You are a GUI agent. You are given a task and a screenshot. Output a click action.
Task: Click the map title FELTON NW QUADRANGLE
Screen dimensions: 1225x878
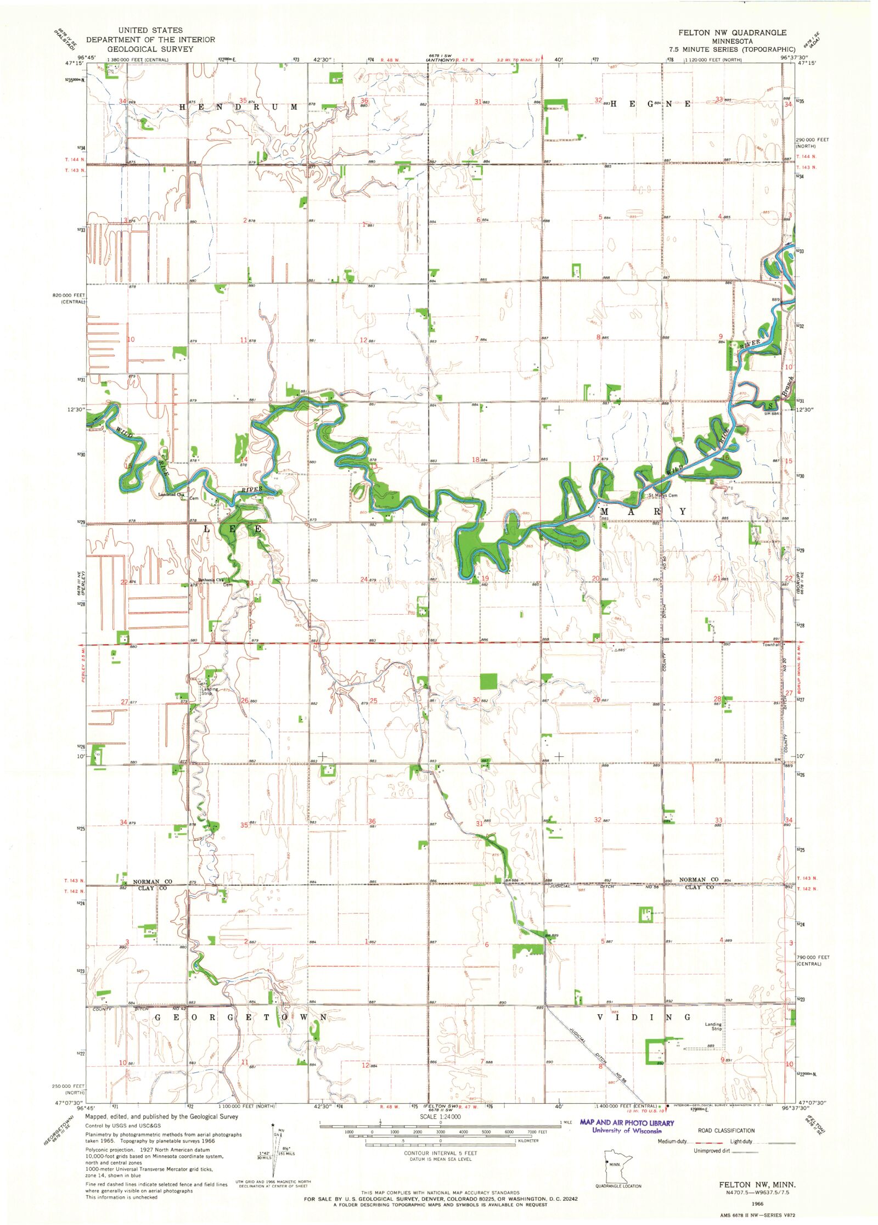731,32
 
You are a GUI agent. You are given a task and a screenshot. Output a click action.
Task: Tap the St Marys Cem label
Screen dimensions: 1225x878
662,496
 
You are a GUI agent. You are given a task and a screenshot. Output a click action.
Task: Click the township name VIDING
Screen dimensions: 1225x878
643,1017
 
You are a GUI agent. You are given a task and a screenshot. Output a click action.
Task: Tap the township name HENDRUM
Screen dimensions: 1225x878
239,107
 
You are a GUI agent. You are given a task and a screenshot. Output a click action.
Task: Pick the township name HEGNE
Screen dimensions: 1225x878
650,104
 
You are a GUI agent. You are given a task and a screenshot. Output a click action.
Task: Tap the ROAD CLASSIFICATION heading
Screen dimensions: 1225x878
726,1131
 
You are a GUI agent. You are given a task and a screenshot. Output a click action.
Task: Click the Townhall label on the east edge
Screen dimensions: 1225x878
770,645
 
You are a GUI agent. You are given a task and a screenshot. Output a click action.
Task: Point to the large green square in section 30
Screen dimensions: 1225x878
488,681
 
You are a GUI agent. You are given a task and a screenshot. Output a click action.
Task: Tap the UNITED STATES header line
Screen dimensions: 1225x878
150,30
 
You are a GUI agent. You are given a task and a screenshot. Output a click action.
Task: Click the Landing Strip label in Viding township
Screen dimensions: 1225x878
713,1026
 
